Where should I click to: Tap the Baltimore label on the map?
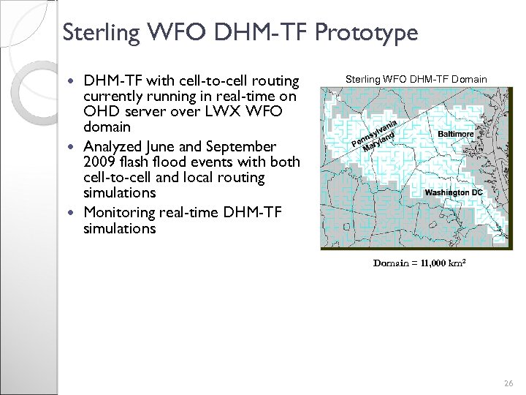[456, 135]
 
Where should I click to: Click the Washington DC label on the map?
[454, 192]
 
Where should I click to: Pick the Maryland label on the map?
[378, 140]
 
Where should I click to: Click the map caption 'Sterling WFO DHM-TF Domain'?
[416, 78]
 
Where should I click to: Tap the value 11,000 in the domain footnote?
[436, 262]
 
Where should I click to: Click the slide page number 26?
[508, 383]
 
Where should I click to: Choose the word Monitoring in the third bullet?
[120, 212]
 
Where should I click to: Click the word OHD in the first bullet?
[100, 111]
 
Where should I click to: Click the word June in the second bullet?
[169, 146]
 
